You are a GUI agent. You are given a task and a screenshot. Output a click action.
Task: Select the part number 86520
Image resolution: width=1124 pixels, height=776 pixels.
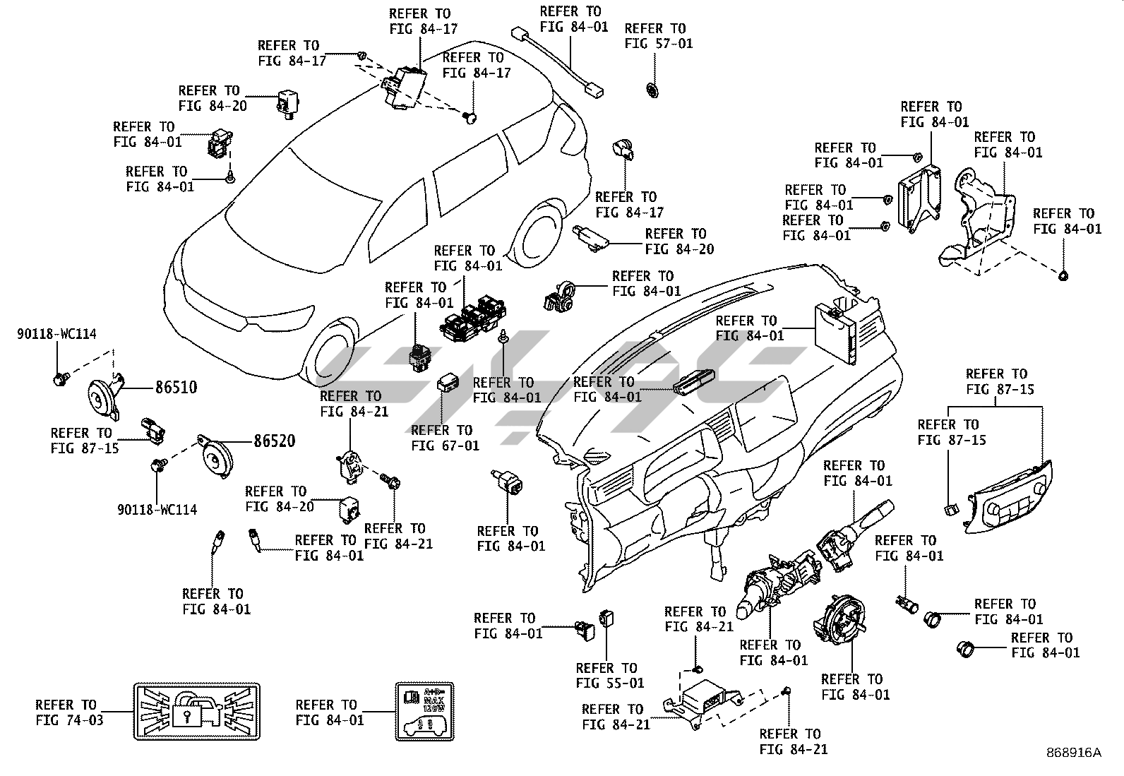pyautogui.click(x=274, y=441)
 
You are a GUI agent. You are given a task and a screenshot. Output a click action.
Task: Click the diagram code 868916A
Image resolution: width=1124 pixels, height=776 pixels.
pyautogui.click(x=1073, y=753)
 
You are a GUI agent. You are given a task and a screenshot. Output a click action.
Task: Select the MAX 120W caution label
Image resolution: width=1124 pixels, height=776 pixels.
pyautogui.click(x=424, y=712)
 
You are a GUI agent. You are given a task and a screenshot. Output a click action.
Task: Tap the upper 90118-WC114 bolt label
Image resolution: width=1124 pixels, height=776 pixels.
pyautogui.click(x=56, y=334)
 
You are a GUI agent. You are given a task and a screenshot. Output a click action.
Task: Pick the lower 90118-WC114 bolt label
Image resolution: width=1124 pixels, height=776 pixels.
pyautogui.click(x=157, y=509)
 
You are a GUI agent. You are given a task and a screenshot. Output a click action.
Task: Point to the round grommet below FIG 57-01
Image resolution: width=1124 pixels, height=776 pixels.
pyautogui.click(x=652, y=90)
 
